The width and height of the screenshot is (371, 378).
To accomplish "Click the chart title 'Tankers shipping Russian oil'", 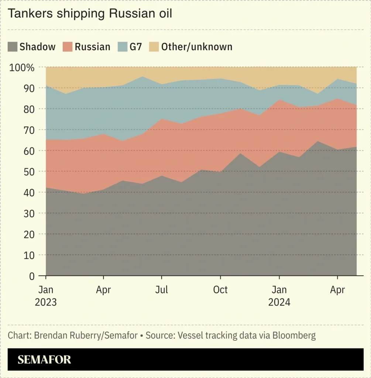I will click(x=90, y=14).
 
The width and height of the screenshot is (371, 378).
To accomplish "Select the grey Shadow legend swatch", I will click(x=13, y=47).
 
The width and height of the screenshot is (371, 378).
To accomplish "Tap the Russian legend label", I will click(x=92, y=47).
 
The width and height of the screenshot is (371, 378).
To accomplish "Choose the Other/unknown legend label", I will click(x=197, y=47).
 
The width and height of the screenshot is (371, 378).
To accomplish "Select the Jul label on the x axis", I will click(x=161, y=290).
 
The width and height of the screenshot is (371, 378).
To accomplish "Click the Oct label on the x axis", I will click(x=220, y=290).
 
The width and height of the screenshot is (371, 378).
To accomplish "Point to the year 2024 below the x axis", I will click(x=279, y=302).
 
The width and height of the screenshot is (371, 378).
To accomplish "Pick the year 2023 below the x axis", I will click(x=46, y=302).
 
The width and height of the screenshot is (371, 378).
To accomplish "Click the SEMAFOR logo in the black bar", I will click(x=44, y=360).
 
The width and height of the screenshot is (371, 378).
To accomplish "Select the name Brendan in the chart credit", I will click(x=50, y=336).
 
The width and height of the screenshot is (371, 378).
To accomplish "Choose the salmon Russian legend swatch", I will click(x=68, y=47).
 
